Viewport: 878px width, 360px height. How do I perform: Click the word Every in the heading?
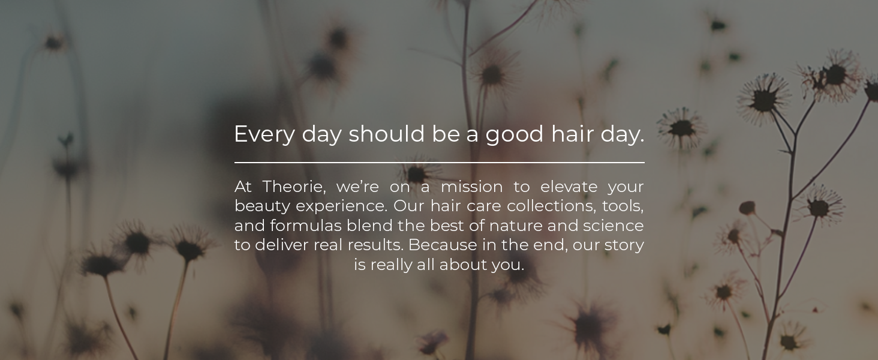[264, 135]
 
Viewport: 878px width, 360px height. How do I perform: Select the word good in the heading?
[515, 135]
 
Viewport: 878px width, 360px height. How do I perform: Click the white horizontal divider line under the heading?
[440, 162]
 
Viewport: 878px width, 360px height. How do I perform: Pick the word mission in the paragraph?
[471, 187]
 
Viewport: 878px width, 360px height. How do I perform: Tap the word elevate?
[569, 187]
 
